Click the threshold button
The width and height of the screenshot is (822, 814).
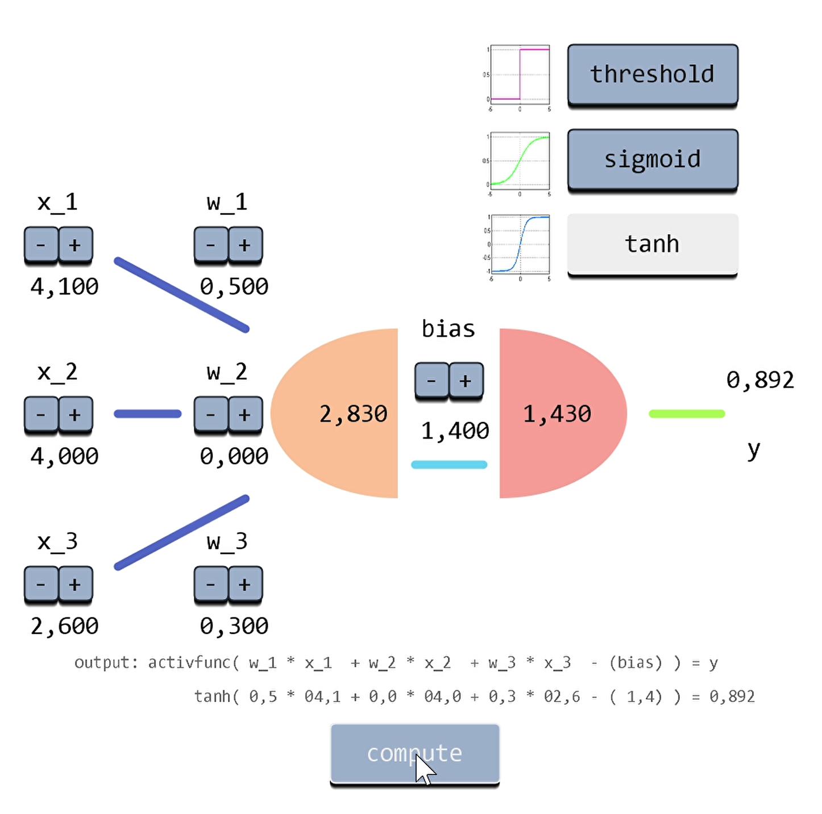[x=653, y=74]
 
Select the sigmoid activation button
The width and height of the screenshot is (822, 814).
[x=653, y=160]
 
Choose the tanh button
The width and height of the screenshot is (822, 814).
[x=653, y=244]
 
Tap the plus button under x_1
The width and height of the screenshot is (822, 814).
[x=75, y=245]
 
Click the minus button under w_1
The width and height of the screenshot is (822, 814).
[x=211, y=245]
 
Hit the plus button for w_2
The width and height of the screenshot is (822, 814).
[x=245, y=415]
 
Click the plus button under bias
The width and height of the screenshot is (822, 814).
[x=466, y=381]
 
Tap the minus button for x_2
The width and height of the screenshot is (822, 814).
[x=41, y=415]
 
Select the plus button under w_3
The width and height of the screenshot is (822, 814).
[x=245, y=585]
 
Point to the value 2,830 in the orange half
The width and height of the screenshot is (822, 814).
[x=353, y=414]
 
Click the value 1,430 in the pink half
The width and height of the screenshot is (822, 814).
[x=557, y=414]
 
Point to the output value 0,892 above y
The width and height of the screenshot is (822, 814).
[x=760, y=380]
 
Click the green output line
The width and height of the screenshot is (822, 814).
[x=687, y=414]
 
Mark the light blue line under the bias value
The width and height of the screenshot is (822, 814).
[x=449, y=465]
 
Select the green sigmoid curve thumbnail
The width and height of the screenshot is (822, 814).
[x=520, y=161]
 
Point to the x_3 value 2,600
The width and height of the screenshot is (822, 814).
[x=64, y=626]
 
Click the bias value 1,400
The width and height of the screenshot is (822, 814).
[x=455, y=431]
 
